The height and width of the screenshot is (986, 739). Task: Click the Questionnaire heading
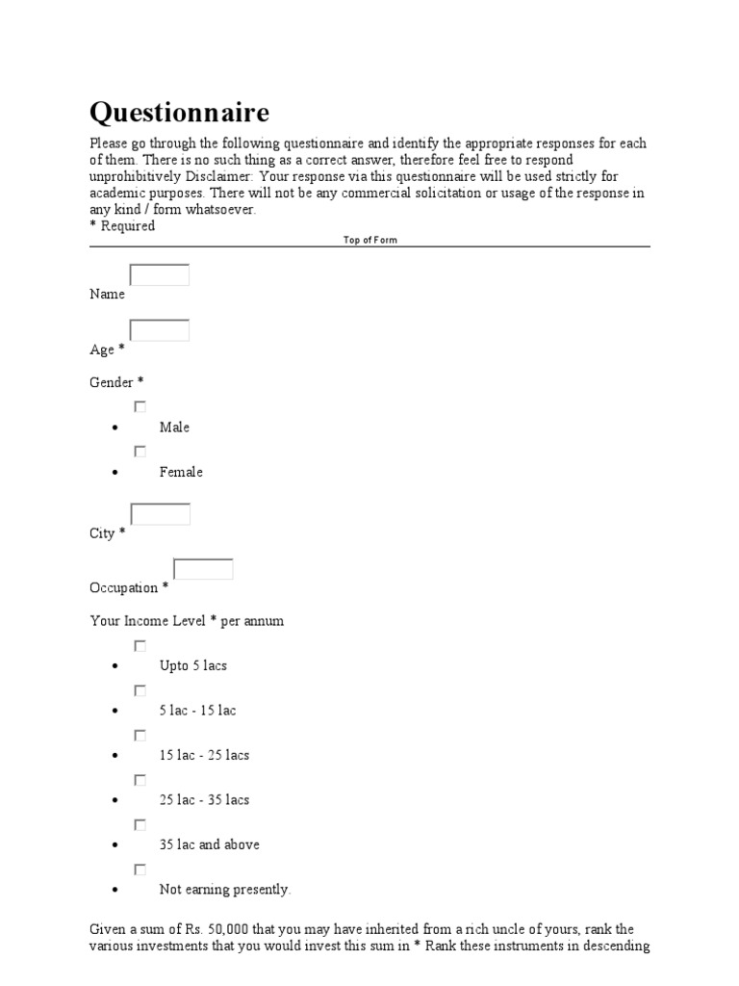[x=179, y=113]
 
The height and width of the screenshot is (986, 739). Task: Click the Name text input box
[x=160, y=275]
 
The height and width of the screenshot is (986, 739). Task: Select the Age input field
[x=160, y=330]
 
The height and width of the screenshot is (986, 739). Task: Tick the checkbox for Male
[x=140, y=407]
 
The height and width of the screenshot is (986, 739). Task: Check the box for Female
[x=140, y=452]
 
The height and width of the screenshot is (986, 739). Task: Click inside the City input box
[x=160, y=514]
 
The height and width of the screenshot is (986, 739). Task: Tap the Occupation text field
[x=203, y=569]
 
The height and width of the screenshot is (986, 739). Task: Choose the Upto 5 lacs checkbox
[x=140, y=646]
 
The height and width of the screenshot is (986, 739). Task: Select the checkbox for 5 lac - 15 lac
[x=140, y=690]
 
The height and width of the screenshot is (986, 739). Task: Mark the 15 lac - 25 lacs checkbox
[x=140, y=736]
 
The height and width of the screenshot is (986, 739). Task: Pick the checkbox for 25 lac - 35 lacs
[x=140, y=780]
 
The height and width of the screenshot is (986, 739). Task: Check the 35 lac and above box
[x=140, y=825]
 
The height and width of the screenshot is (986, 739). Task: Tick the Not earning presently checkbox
[x=140, y=869]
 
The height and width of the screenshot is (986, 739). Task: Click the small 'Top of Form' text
[x=369, y=240]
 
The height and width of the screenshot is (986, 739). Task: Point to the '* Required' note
[x=122, y=226]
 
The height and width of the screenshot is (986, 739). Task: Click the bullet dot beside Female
[x=115, y=473]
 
